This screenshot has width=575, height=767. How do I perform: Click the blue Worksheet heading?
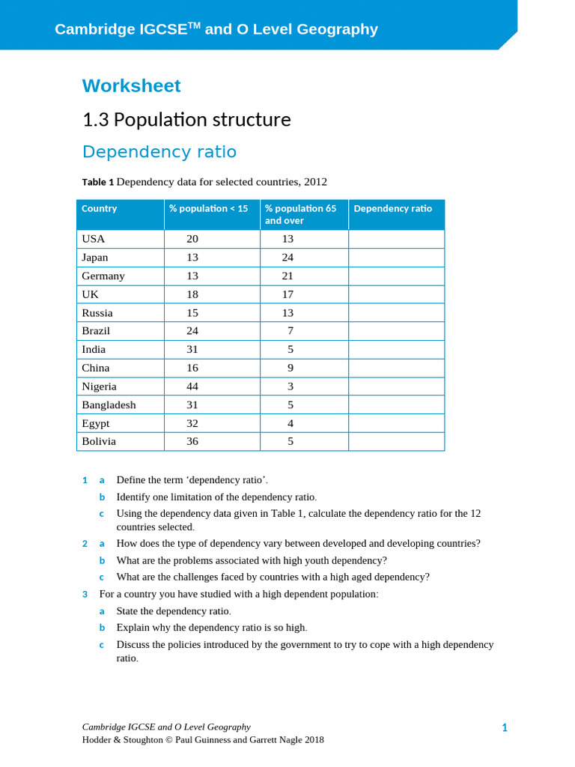[131, 86]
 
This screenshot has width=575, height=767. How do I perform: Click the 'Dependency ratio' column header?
[392, 209]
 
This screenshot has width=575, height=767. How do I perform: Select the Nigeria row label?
[99, 386]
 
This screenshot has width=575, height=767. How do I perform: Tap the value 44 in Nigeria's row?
[192, 386]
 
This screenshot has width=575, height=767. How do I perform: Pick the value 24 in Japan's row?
[287, 258]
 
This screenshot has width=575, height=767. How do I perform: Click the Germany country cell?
[103, 276]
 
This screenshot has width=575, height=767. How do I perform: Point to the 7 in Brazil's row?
[290, 331]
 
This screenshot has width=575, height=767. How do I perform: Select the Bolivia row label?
[99, 441]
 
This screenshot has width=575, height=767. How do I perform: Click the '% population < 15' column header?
[208, 209]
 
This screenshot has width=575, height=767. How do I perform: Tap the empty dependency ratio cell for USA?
[396, 239]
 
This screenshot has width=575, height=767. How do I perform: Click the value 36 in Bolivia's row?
[192, 441]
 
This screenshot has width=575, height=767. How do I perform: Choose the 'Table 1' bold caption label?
[98, 182]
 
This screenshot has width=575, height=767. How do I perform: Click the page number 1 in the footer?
[505, 727]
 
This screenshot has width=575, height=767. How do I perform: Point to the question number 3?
[85, 594]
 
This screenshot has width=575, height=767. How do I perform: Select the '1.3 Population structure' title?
[186, 120]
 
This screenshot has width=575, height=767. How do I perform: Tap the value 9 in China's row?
[290, 368]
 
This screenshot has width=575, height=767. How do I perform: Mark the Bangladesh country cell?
[109, 404]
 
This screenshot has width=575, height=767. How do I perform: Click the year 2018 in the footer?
[314, 739]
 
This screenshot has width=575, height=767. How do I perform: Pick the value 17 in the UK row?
[287, 294]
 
